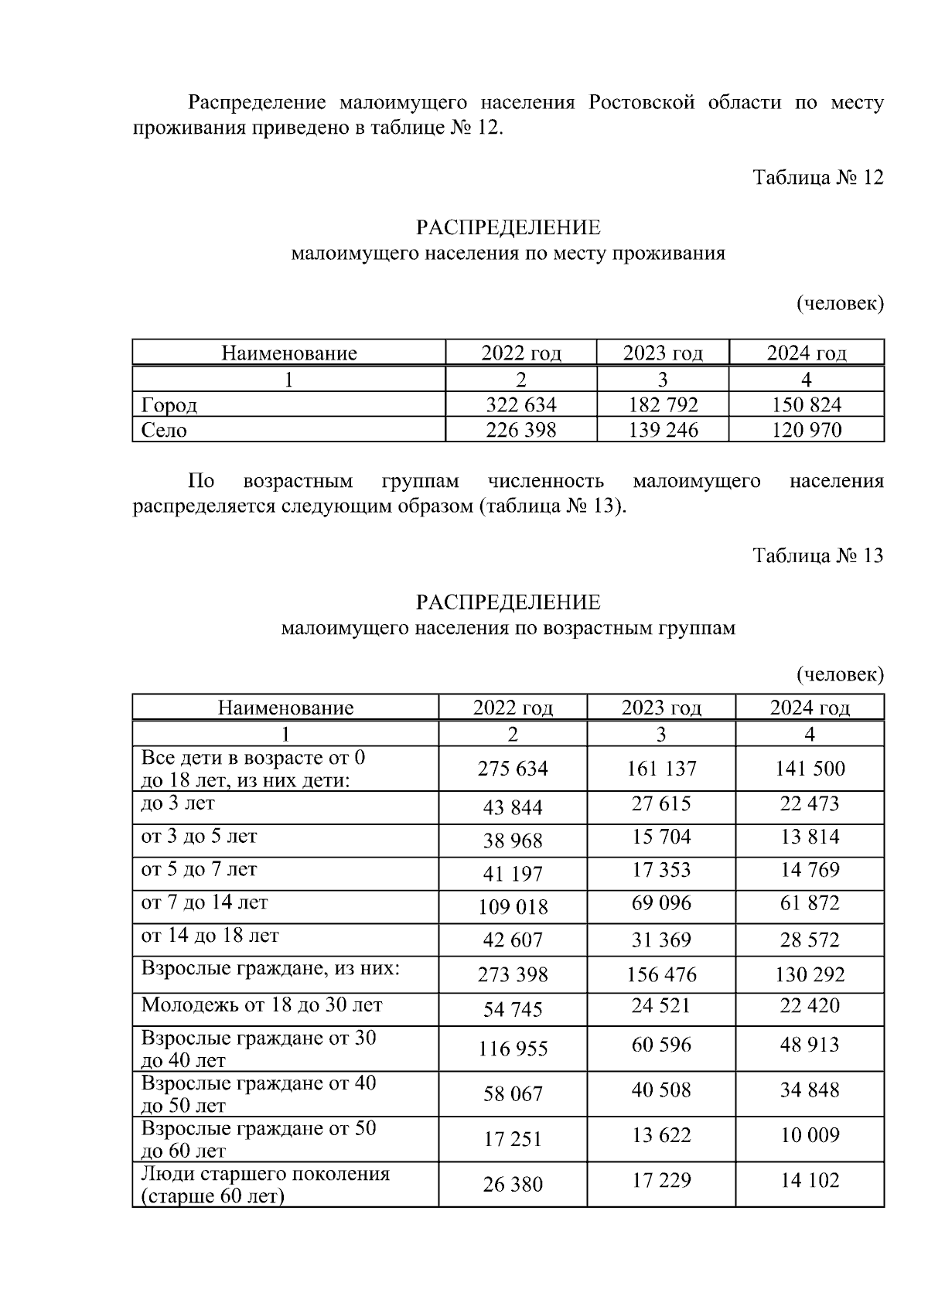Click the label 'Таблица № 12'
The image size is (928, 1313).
click(817, 178)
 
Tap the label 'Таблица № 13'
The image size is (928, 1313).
click(817, 556)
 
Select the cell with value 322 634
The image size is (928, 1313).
click(520, 405)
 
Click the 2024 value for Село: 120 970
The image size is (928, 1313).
click(807, 430)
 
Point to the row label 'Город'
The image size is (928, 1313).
click(169, 405)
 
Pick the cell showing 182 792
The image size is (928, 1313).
click(663, 405)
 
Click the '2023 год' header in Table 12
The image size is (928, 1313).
click(663, 353)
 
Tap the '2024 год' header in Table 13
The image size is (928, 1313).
click(810, 708)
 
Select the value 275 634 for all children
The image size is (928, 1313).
click(513, 769)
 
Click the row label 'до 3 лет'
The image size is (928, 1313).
click(178, 803)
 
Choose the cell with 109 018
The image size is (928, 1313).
click(513, 906)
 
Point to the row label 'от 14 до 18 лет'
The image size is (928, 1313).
click(210, 936)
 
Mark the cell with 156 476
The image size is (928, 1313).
click(661, 974)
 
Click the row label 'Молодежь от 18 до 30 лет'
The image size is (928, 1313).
click(261, 1005)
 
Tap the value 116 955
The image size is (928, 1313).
click(513, 1049)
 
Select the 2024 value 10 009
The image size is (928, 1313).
click(810, 1135)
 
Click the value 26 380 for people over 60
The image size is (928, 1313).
click(513, 1184)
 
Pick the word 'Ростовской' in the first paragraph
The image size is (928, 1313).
click(642, 103)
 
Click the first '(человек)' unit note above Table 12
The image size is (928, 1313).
click(840, 304)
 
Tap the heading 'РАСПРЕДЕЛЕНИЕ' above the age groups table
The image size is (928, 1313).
click(508, 602)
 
